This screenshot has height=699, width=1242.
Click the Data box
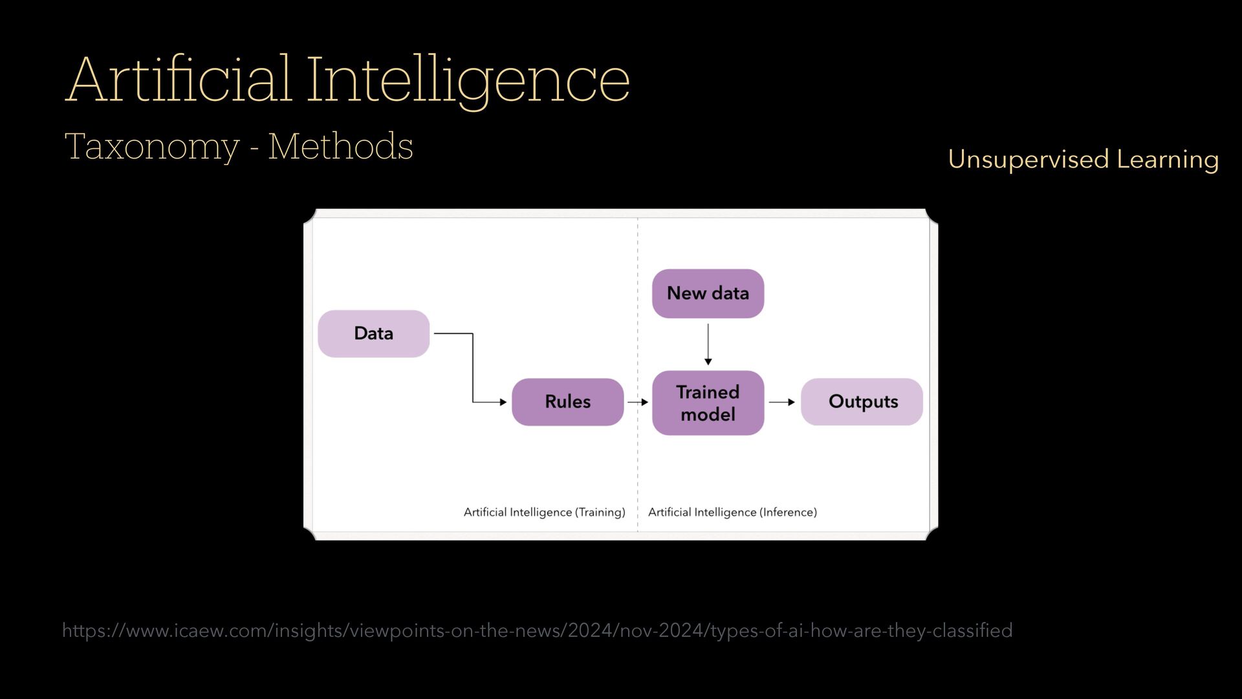373,333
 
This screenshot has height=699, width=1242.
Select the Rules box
567,402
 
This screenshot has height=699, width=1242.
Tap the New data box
708,293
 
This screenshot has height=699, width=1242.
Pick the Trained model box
708,403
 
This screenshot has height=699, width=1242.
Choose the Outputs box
862,402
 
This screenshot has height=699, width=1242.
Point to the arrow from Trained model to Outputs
781,402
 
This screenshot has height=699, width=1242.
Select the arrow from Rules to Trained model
637,402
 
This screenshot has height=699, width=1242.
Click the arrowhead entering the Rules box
503,402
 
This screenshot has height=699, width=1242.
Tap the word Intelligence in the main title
467,80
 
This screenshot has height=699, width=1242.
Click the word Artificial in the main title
179,80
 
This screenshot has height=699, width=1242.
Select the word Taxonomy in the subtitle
152,147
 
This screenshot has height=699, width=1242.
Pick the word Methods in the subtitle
340,146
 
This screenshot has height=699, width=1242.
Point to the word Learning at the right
1168,159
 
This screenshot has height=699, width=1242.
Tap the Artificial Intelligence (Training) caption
544,512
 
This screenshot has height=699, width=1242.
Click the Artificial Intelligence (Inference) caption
732,512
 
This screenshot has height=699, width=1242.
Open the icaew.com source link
537,630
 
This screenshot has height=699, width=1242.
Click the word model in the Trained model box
708,414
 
